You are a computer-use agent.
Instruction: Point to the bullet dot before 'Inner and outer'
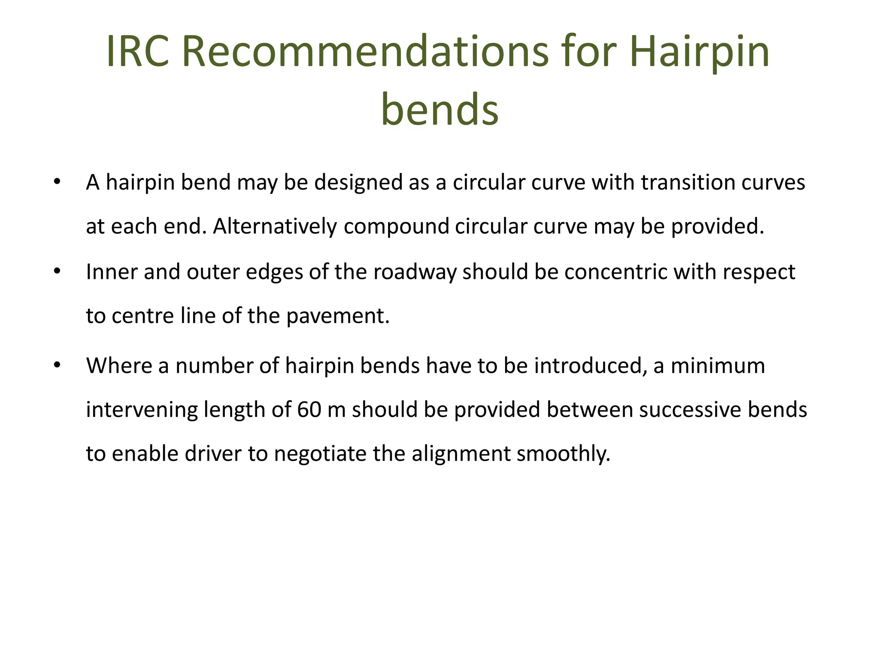point(57,272)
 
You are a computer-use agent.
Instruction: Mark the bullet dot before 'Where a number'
point(57,366)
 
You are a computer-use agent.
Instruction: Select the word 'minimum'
point(718,366)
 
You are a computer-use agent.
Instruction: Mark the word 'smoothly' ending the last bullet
point(562,453)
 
